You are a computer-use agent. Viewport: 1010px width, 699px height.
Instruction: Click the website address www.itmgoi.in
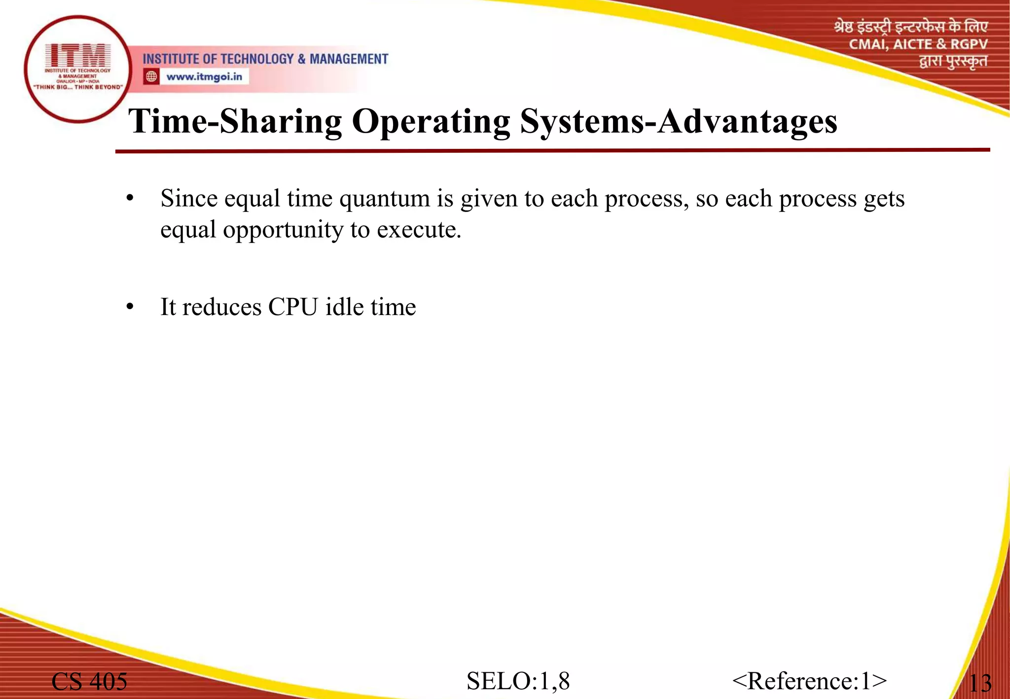[204, 77]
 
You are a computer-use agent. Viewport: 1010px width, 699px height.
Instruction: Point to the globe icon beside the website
[151, 76]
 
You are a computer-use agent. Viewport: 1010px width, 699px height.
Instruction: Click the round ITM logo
[77, 69]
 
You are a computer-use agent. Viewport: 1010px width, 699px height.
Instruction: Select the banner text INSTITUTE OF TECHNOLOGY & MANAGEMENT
[265, 59]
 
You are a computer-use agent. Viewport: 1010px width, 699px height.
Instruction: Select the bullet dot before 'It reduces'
[130, 307]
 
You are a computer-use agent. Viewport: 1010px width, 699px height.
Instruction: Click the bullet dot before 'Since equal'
[130, 199]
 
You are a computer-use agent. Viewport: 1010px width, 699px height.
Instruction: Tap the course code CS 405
[89, 681]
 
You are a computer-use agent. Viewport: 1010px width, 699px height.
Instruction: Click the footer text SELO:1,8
[518, 681]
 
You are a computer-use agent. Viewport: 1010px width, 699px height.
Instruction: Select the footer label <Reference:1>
[809, 681]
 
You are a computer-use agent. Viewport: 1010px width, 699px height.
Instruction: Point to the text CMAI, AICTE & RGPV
[918, 44]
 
